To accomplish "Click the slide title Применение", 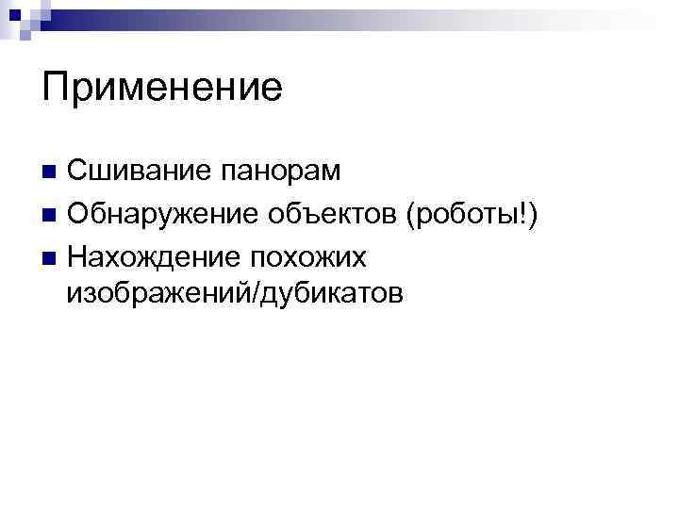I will click(162, 89).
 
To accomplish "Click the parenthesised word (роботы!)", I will click(472, 215).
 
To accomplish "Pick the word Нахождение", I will click(149, 256).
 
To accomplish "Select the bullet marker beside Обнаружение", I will click(50, 215).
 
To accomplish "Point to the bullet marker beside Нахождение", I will click(50, 256).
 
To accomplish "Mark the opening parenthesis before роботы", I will click(409, 215).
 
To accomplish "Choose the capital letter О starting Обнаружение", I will click(77, 214).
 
